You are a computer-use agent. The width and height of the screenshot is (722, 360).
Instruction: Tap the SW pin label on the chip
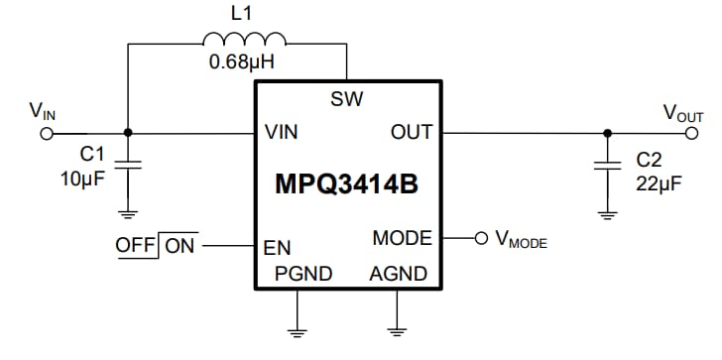(x=347, y=99)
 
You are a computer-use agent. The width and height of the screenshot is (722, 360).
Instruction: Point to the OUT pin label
(x=412, y=132)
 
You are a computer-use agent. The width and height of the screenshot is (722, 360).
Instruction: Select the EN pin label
(x=277, y=249)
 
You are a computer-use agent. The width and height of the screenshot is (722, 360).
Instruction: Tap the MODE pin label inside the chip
(x=402, y=238)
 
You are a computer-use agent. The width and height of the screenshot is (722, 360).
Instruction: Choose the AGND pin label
(x=398, y=274)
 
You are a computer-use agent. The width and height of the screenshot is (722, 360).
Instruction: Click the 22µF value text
(x=656, y=180)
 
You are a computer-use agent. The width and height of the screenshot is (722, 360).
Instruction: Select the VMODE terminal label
(x=521, y=240)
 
